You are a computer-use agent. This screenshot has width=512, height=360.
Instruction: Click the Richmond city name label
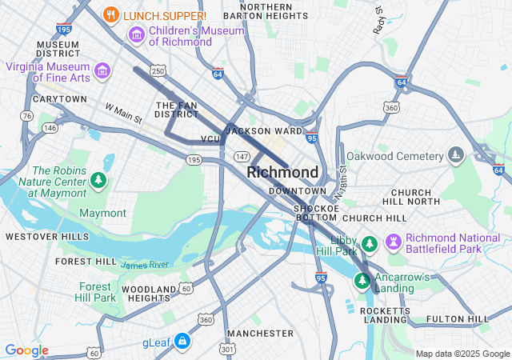(x=282, y=172)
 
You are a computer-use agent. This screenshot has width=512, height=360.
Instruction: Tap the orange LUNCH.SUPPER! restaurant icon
(x=112, y=14)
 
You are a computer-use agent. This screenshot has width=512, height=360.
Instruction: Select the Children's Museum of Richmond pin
(x=136, y=35)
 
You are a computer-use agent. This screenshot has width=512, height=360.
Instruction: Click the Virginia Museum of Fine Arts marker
(x=102, y=71)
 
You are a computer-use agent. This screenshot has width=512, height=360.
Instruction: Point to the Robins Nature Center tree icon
(x=98, y=180)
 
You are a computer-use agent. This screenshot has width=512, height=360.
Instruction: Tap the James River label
(x=145, y=264)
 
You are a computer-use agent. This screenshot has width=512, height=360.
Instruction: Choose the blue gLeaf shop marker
(x=183, y=342)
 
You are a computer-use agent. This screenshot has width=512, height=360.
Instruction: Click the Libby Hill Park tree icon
(x=369, y=242)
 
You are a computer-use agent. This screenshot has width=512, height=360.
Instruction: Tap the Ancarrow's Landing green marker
(x=362, y=281)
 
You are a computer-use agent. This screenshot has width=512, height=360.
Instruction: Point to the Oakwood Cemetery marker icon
(x=455, y=154)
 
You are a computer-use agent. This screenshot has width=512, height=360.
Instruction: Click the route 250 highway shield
(x=159, y=72)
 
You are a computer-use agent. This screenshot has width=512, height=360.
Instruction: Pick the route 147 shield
(x=241, y=156)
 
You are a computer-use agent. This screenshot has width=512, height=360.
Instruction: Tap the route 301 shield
(x=228, y=349)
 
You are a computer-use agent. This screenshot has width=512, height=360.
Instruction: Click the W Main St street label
(x=123, y=113)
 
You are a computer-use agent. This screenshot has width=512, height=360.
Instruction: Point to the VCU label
(x=210, y=139)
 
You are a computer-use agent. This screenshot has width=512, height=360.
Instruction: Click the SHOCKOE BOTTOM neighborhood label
(x=316, y=211)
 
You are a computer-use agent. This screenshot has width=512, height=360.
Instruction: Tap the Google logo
(x=26, y=350)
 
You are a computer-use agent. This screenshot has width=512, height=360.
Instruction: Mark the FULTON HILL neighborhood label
(x=458, y=319)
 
